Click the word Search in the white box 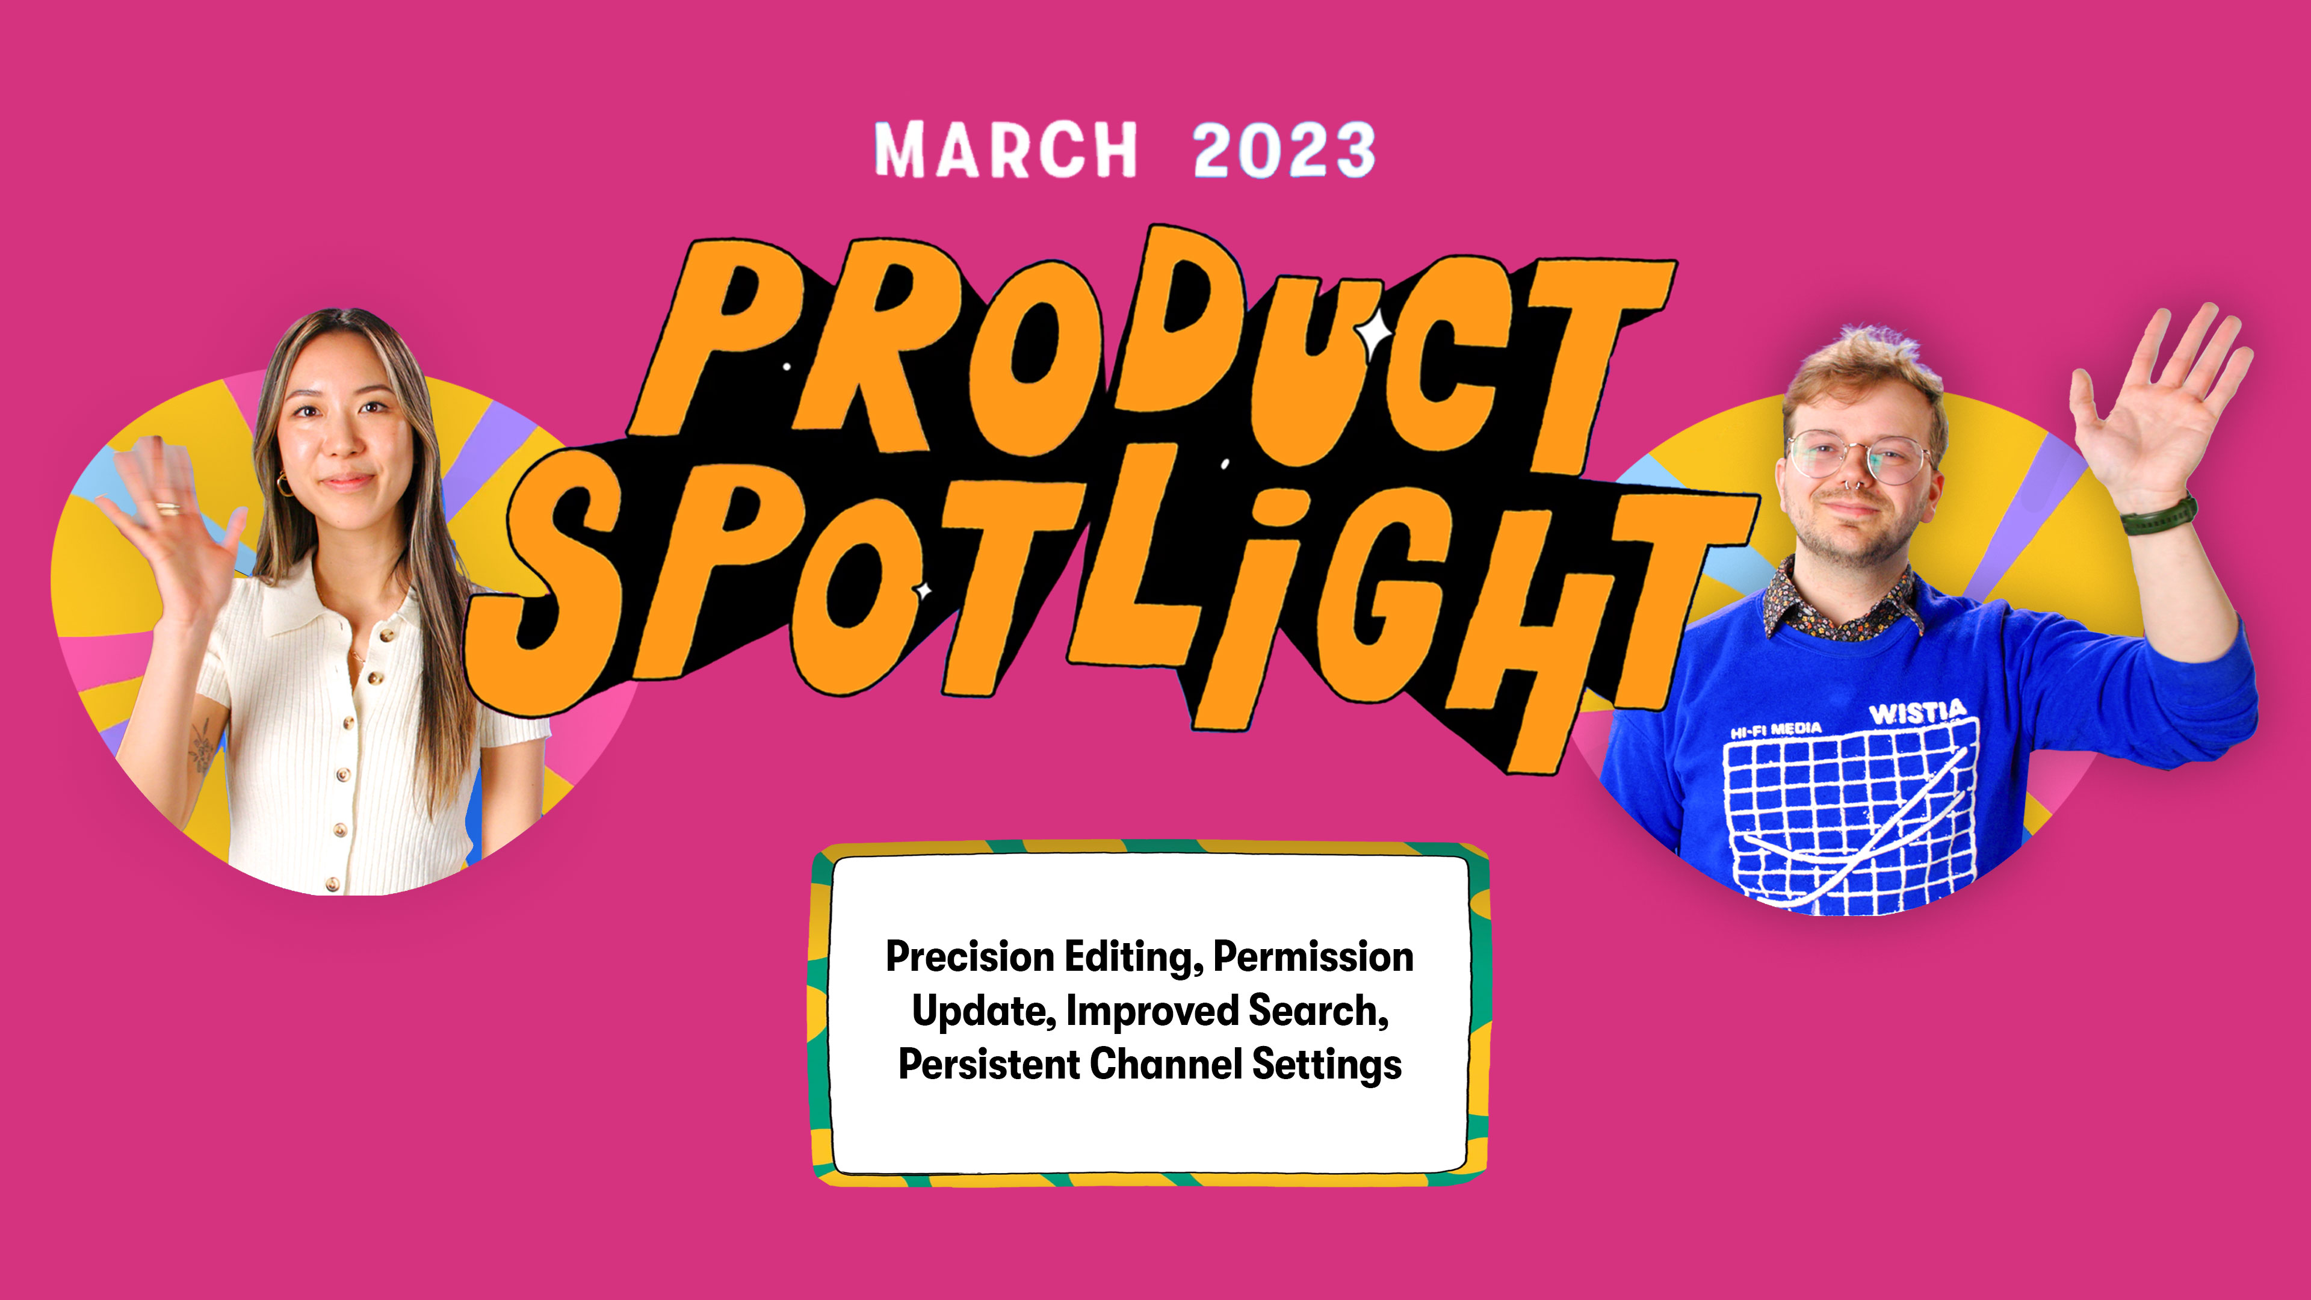[x=1318, y=1011]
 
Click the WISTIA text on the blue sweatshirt [x=1918, y=713]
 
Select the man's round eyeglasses [x=1859, y=457]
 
